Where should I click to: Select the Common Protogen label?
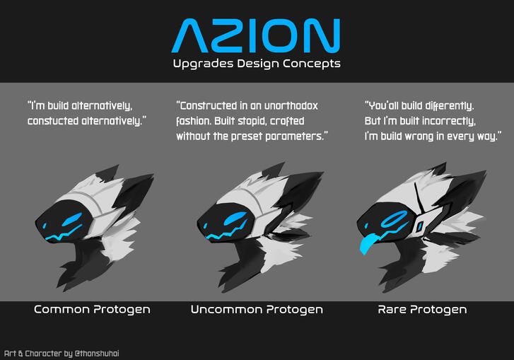92,310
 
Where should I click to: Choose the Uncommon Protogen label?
257,310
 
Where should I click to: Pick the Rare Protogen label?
422,310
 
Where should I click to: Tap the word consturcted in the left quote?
54,121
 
